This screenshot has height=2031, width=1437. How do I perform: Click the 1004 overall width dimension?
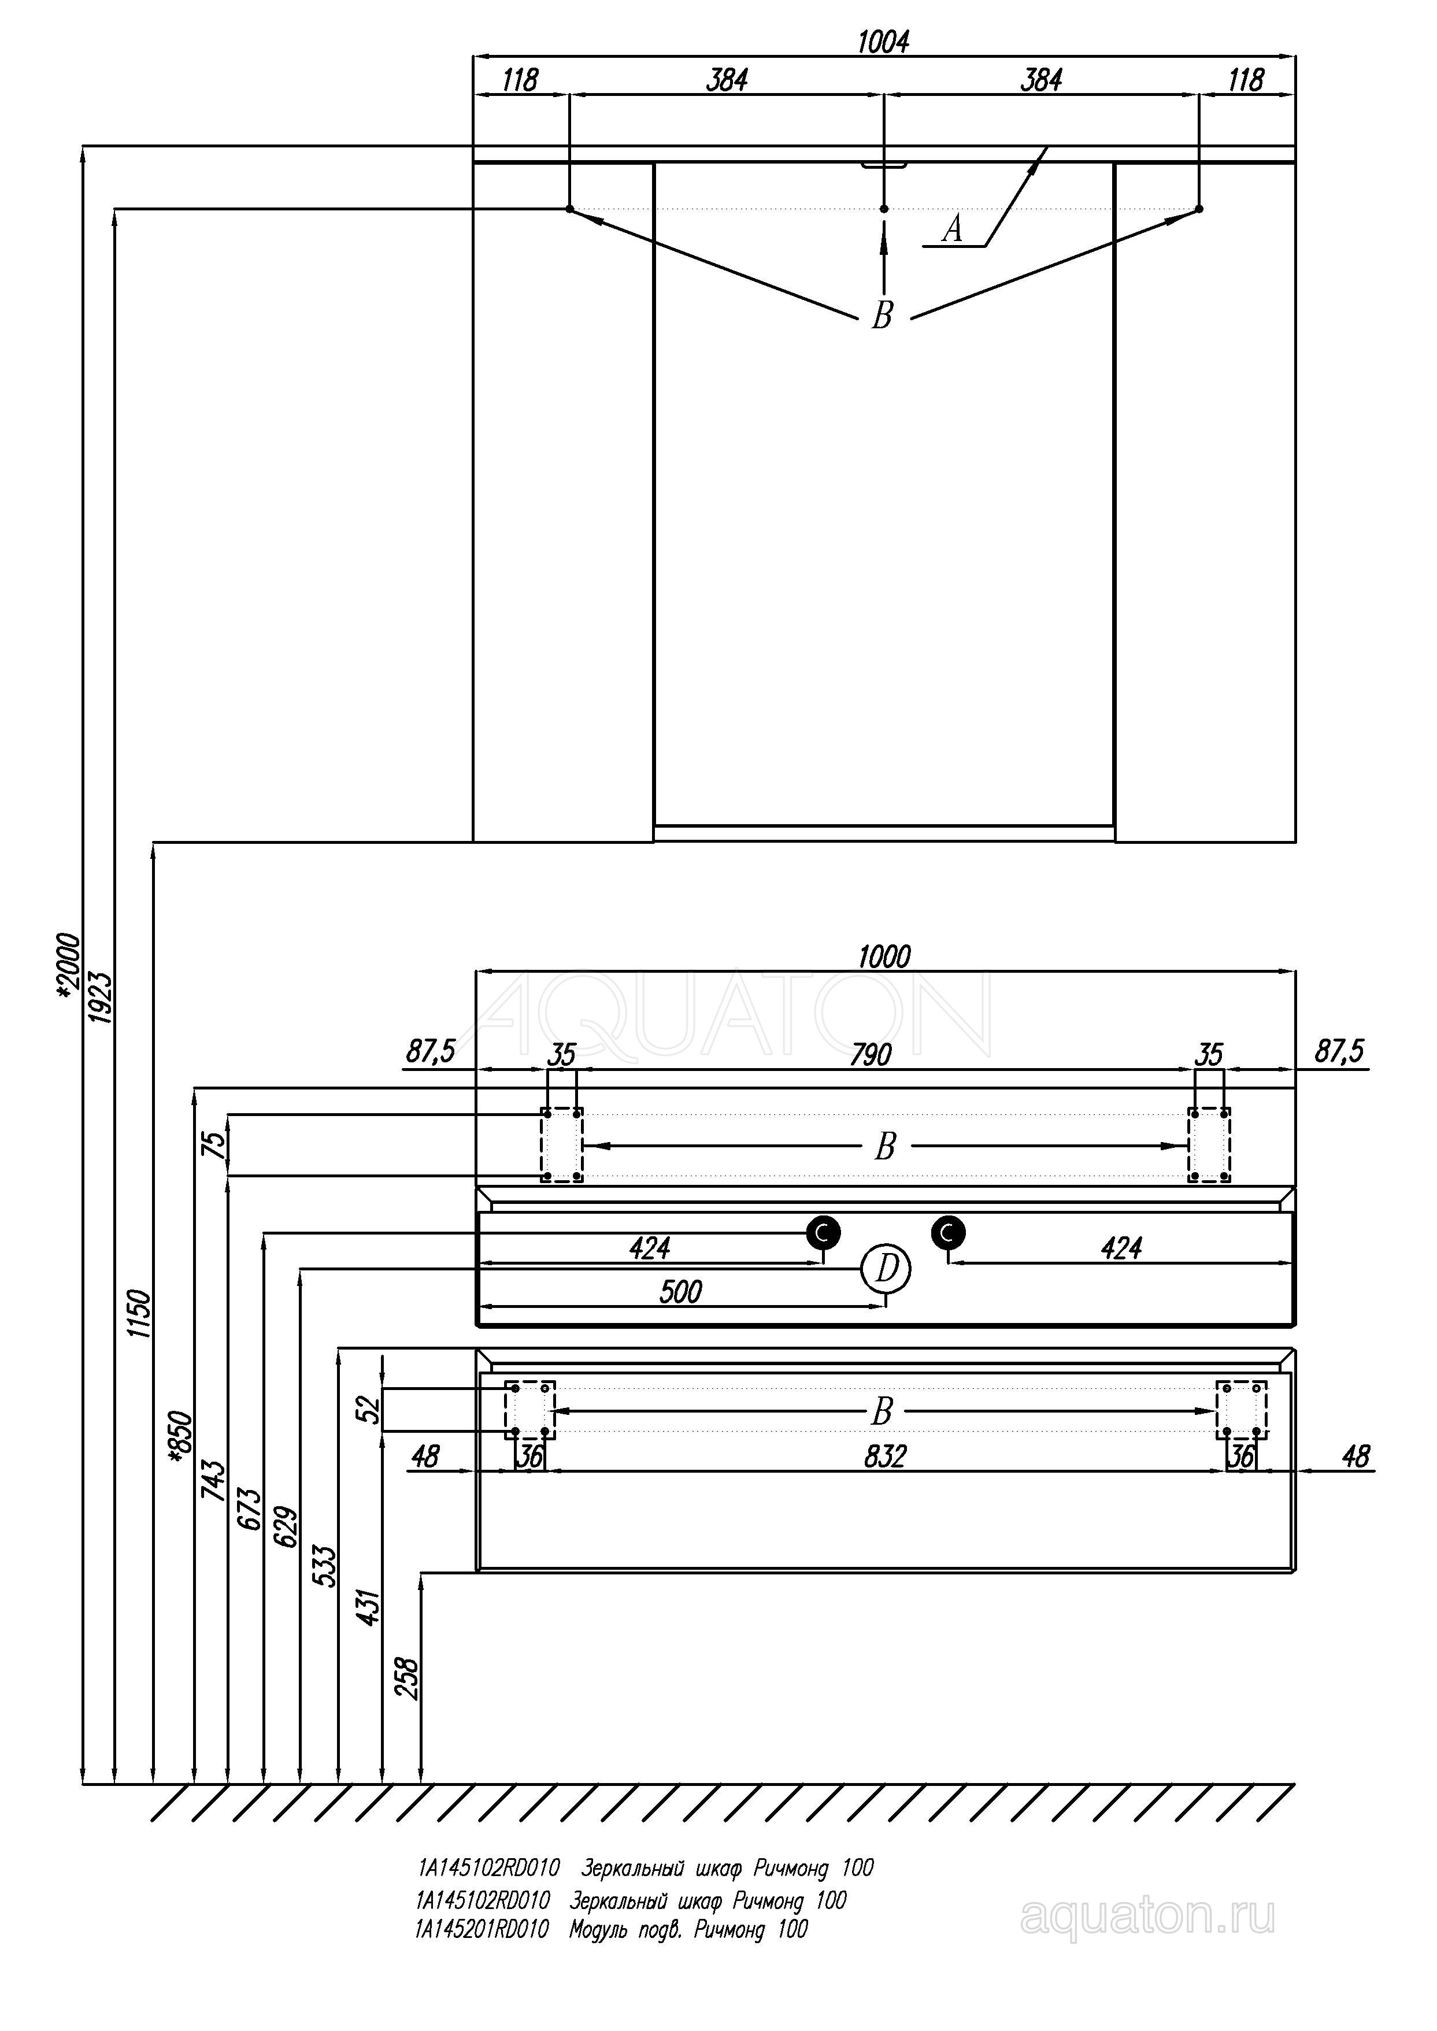(x=883, y=42)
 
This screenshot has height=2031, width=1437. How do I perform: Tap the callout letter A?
(x=952, y=229)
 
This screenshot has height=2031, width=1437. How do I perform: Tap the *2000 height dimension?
(x=68, y=967)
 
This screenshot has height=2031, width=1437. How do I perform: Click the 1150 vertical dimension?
(x=140, y=1314)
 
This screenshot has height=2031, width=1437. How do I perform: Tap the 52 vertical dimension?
(x=370, y=1409)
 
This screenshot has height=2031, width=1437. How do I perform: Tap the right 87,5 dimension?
(x=1340, y=1052)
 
